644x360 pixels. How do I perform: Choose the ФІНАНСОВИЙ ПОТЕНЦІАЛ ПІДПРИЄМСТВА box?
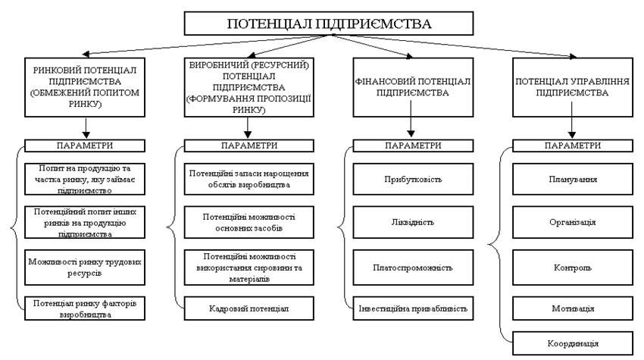(x=411, y=86)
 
